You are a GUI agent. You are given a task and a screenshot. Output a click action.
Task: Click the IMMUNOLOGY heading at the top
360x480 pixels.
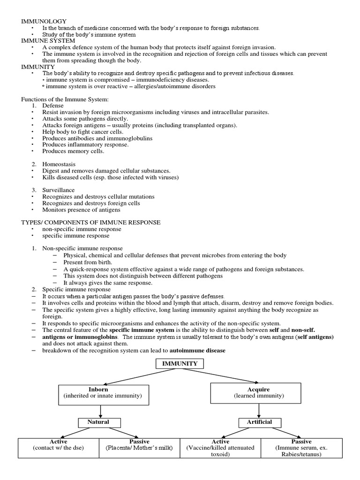(44, 21)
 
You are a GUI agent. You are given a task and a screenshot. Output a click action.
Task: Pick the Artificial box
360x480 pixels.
(259, 422)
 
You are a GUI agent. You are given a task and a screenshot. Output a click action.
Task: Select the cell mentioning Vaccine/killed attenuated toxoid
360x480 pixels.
(220, 448)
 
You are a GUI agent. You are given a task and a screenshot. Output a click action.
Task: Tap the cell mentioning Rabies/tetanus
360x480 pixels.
(301, 448)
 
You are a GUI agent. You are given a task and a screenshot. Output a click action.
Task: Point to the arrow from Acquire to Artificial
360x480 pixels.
(259, 411)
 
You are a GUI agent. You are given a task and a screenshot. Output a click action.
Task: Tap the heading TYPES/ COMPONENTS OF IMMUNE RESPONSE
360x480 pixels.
(91, 222)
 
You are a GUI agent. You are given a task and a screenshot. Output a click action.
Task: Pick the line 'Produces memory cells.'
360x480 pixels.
(74, 151)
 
